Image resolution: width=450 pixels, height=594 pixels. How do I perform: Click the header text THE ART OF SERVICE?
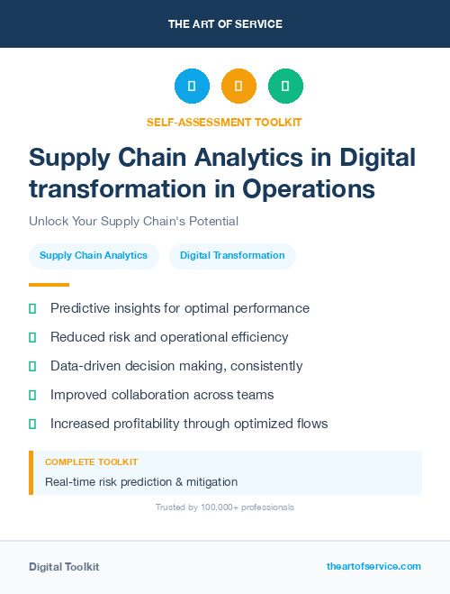tap(225, 24)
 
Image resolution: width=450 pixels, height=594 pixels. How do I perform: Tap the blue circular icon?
tap(192, 87)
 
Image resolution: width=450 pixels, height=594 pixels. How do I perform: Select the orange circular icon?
tap(238, 87)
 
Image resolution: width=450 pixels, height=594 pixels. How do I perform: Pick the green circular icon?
tap(285, 87)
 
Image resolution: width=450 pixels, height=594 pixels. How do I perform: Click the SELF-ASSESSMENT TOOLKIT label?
tap(224, 122)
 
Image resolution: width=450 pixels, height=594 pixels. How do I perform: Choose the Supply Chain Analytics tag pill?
tap(94, 256)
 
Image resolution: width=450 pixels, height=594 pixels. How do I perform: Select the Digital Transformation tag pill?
tap(232, 256)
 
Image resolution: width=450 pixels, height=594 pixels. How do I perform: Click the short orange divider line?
tap(42, 285)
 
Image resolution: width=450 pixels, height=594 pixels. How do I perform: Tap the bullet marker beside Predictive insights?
tap(32, 308)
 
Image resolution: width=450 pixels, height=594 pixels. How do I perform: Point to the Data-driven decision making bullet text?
tap(176, 366)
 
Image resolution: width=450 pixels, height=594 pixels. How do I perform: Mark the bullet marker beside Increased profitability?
tap(32, 424)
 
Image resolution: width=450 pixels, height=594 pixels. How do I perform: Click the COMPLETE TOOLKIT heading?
tap(92, 461)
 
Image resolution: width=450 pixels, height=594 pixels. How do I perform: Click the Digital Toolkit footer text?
tap(64, 567)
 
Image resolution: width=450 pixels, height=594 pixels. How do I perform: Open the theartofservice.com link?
tap(373, 566)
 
